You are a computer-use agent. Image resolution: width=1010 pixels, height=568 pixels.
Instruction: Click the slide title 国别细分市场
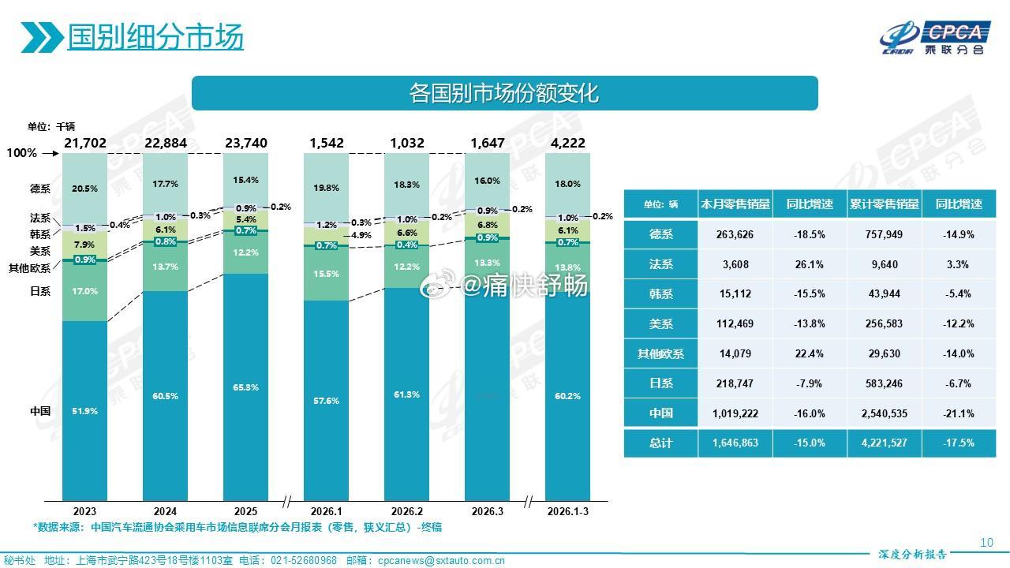(x=155, y=36)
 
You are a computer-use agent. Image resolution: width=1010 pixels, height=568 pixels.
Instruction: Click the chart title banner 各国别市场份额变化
(x=504, y=93)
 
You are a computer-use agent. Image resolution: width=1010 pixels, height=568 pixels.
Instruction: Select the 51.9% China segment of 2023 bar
(x=84, y=411)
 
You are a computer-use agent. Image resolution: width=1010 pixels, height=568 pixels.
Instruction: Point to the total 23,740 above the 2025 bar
(x=245, y=143)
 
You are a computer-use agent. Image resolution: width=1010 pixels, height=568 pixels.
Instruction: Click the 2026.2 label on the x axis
(x=407, y=510)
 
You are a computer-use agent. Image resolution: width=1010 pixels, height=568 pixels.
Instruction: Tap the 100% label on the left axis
(x=22, y=153)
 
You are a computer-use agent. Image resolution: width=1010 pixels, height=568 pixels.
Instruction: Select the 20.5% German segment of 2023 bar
(x=84, y=189)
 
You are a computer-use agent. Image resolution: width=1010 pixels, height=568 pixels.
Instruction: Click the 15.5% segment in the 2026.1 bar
(x=326, y=274)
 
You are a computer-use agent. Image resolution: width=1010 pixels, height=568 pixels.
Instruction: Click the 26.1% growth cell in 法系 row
(x=810, y=264)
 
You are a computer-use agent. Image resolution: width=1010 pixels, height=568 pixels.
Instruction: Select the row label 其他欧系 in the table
(x=660, y=353)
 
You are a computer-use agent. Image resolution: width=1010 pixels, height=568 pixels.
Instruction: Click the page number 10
(x=986, y=542)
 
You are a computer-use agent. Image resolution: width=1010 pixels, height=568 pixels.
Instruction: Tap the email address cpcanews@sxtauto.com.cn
(x=441, y=561)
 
